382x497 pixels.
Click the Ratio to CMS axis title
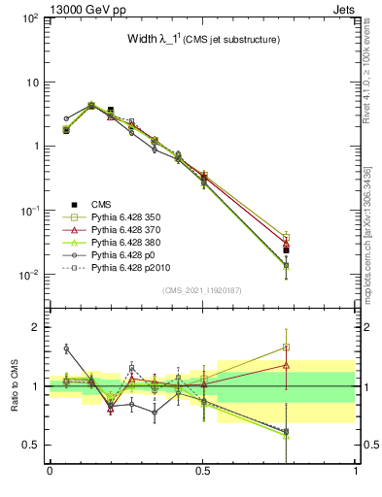click(16, 385)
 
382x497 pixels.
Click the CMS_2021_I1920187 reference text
click(202, 290)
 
